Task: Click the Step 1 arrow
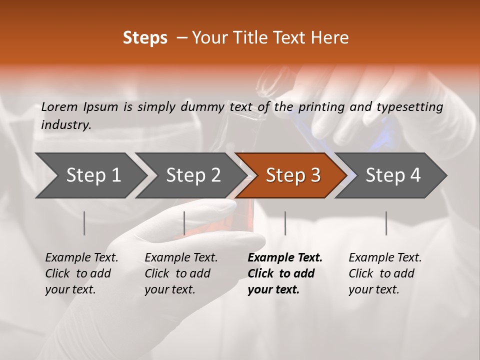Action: [x=92, y=175]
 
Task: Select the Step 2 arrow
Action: [x=193, y=175]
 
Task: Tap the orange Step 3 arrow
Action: [x=292, y=175]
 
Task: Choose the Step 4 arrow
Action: [x=393, y=175]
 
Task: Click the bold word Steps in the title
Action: [x=145, y=38]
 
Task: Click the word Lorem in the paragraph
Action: [x=59, y=106]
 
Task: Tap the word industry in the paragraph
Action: [x=66, y=124]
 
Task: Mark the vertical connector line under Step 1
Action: [x=84, y=223]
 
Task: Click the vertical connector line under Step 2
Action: [x=184, y=223]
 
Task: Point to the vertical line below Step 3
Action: [x=285, y=223]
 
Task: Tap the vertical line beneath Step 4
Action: [x=386, y=223]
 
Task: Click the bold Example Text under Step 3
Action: [x=285, y=257]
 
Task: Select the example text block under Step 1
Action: [x=81, y=273]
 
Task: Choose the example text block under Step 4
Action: [x=385, y=273]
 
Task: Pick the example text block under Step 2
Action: [x=181, y=273]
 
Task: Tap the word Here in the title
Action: [x=332, y=38]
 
